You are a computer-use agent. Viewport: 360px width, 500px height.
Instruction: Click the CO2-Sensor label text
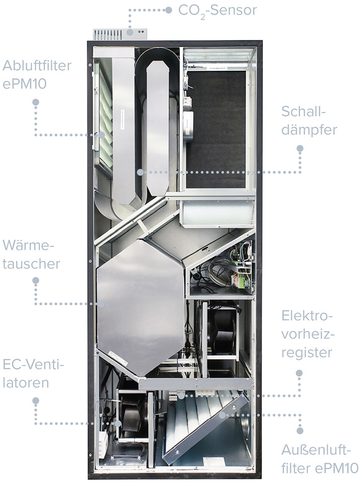pos(217,10)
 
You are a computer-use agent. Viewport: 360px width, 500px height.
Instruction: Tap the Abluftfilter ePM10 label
pos(36,74)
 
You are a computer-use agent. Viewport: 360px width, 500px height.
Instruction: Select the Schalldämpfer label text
pos(309,120)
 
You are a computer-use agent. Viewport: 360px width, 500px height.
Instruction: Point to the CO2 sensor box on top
pos(119,34)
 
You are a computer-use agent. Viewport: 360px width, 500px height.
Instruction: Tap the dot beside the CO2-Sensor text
pos(169,10)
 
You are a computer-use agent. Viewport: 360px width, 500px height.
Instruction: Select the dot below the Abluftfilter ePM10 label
pos(35,102)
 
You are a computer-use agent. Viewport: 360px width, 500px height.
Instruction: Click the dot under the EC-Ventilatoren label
pos(35,400)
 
